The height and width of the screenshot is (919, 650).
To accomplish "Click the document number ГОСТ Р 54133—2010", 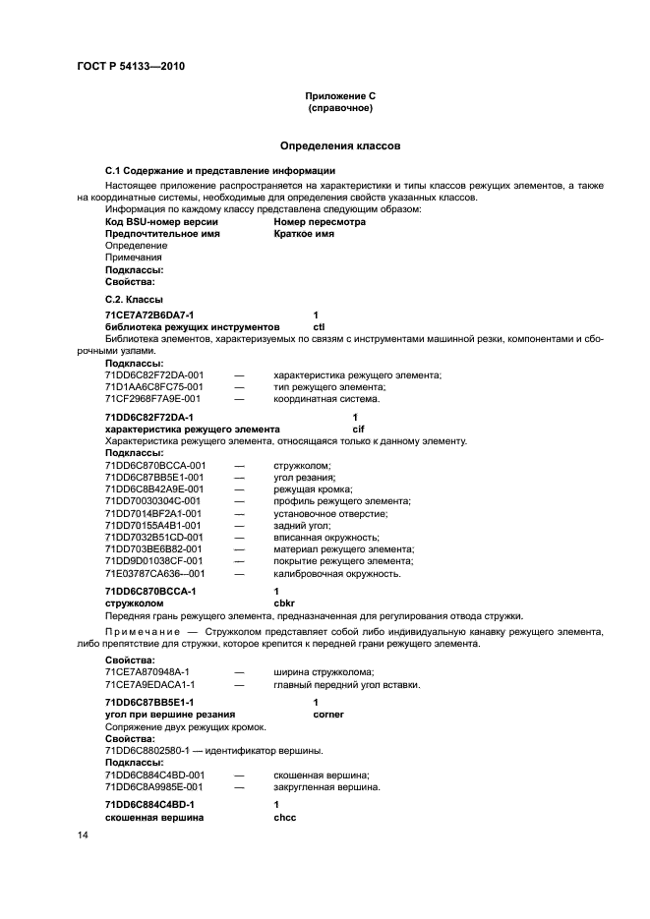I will (131, 67).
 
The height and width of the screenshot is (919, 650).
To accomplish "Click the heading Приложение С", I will (339, 96).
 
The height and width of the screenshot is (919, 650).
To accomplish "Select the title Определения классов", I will (339, 145).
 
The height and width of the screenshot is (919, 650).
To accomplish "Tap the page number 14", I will (83, 834).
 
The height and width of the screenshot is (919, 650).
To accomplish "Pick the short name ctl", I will (319, 326).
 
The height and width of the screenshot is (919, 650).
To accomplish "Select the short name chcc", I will (284, 817).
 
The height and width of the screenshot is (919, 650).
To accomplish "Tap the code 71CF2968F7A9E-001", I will (152, 399).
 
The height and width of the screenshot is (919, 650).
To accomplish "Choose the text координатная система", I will (325, 399).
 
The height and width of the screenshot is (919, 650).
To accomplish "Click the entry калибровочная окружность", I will (336, 573).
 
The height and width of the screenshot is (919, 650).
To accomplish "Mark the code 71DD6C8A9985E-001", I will (154, 787).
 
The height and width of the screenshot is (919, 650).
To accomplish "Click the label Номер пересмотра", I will (320, 222).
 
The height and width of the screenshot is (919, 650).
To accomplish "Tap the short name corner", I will (329, 715).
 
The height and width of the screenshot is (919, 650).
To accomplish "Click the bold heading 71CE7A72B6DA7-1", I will (149, 315).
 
